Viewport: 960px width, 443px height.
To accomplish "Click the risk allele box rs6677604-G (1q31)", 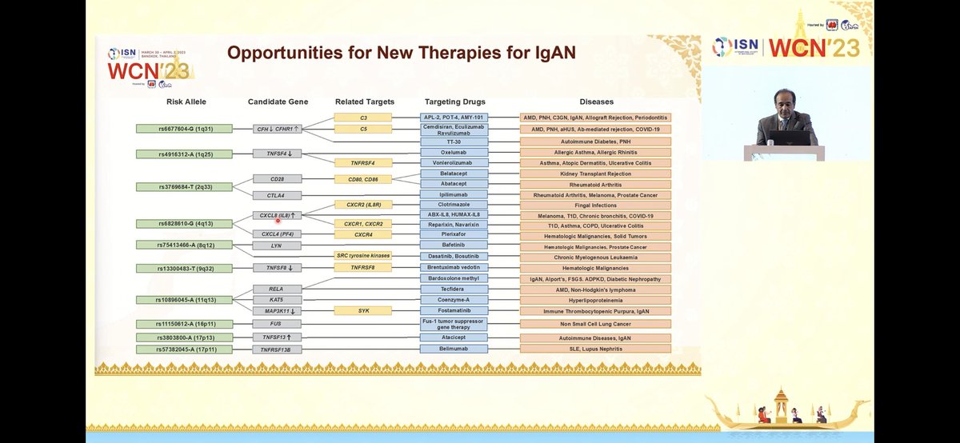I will [x=174, y=128].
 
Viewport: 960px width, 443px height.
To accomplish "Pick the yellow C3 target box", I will [x=363, y=118].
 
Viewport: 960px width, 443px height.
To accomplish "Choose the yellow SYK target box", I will [x=363, y=309].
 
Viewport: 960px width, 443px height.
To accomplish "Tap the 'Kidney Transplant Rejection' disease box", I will [x=595, y=174].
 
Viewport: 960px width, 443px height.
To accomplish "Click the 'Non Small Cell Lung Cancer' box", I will [x=595, y=324].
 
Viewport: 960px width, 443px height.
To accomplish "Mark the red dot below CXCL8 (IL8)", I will [x=278, y=220].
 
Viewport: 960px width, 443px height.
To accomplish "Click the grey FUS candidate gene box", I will [x=278, y=324].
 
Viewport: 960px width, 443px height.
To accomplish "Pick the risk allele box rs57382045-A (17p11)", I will [x=174, y=349].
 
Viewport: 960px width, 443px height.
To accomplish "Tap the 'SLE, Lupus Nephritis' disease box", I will [x=595, y=349].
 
